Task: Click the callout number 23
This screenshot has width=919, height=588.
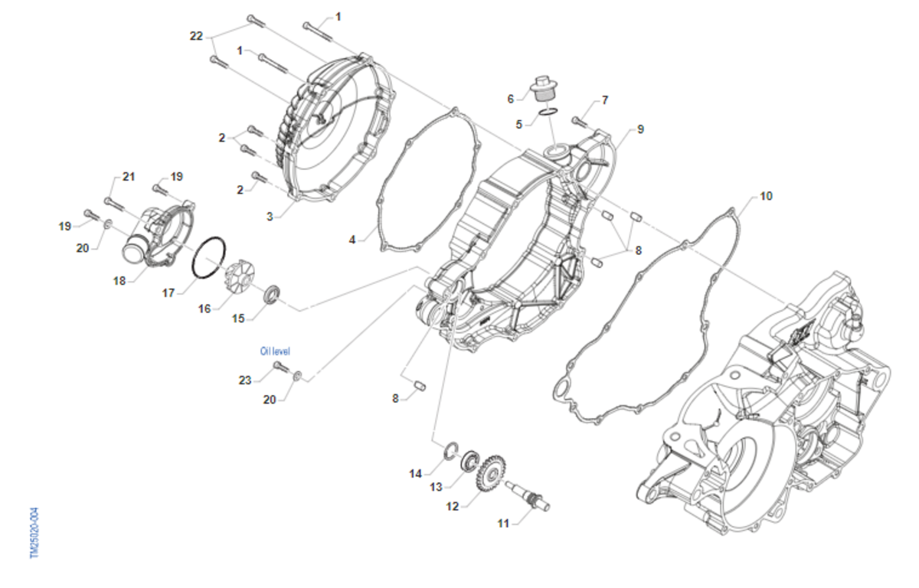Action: point(245,381)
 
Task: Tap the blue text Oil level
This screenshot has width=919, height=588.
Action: point(275,351)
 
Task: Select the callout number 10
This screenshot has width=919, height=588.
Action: point(766,196)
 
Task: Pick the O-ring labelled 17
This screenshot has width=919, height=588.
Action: point(209,258)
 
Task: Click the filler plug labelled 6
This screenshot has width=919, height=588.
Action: point(543,89)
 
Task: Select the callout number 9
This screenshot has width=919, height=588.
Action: point(640,129)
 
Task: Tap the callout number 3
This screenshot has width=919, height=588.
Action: point(270,217)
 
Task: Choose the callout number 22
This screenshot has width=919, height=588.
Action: point(197,36)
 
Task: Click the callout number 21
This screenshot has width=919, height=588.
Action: point(129,177)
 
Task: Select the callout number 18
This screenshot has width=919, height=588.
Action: point(119,281)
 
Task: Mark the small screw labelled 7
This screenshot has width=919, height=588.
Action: point(580,120)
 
